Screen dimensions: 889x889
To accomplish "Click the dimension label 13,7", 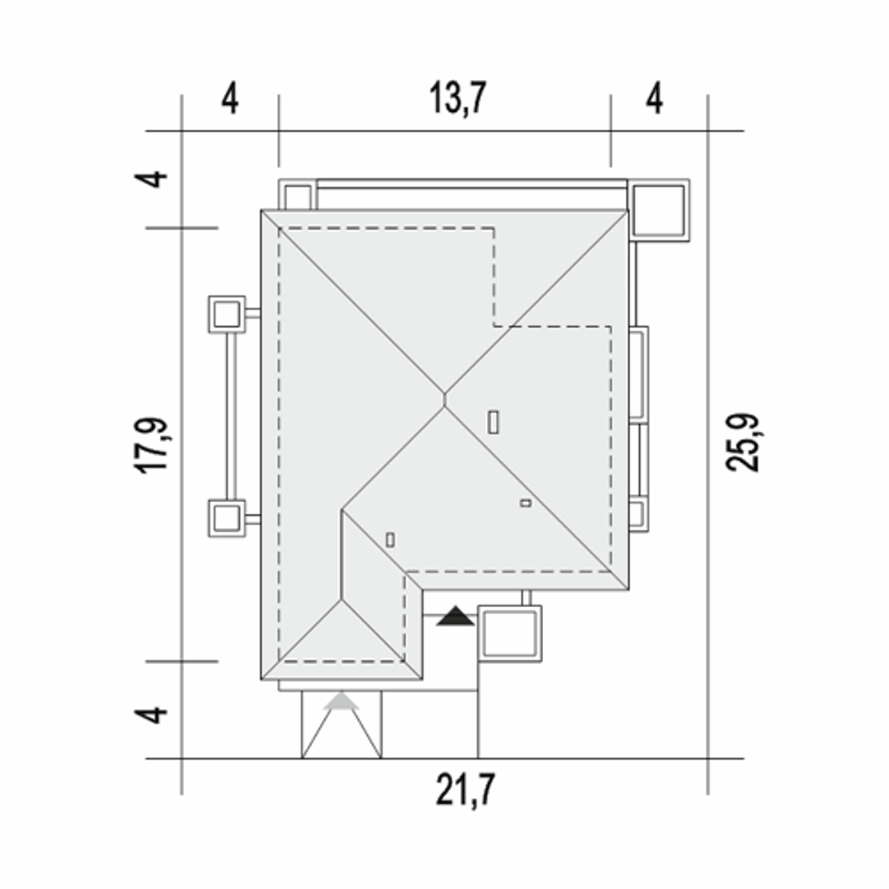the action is point(457,98).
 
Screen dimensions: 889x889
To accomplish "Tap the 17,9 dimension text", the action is point(151,446).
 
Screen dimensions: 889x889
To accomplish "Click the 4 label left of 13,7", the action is point(230,98).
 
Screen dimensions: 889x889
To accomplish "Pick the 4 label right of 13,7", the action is point(654,98).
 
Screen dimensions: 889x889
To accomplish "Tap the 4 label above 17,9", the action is point(151,179).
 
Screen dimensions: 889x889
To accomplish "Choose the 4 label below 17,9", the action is point(151,715).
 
